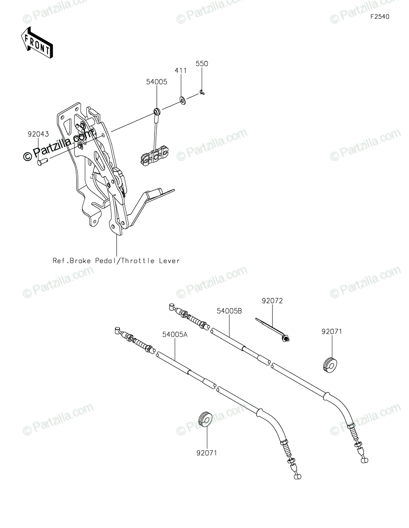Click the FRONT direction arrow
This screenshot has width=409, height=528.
[38, 43]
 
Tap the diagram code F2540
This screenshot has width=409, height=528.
[380, 17]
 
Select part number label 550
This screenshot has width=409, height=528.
[202, 64]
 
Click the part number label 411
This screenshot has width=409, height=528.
[181, 70]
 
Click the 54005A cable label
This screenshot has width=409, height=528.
[175, 334]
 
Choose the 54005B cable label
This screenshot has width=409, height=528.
[229, 311]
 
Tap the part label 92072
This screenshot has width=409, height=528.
[272, 301]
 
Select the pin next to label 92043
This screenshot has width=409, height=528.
[42, 161]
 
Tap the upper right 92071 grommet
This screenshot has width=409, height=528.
[330, 365]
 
